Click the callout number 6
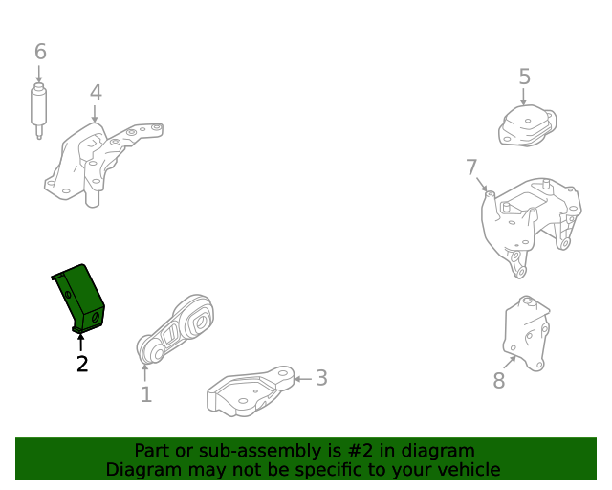39,51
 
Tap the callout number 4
96,93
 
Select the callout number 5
524,76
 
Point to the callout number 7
471,167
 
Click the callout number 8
498,380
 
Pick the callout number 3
321,378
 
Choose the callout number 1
145,393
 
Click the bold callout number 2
82,364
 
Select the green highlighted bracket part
79,297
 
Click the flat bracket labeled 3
251,393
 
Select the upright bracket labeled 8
527,334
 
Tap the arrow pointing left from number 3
303,379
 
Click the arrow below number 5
524,97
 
